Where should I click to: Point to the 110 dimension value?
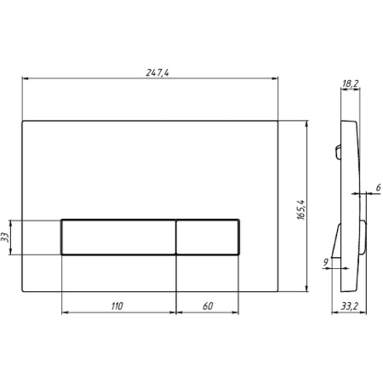tap(117, 305)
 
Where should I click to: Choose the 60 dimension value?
tap(208, 305)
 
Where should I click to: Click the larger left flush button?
tap(118, 237)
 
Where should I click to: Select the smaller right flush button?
tap(208, 237)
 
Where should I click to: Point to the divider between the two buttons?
tap(176, 237)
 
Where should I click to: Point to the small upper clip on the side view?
tap(338, 153)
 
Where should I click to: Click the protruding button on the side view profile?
tap(364, 238)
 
